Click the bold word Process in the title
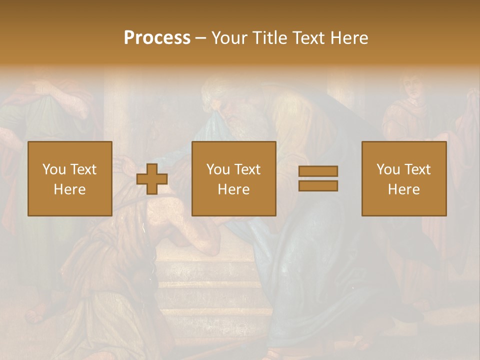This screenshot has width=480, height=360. click(157, 37)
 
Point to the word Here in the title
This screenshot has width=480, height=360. click(349, 38)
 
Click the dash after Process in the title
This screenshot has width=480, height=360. click(200, 38)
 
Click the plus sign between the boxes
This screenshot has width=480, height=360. click(152, 178)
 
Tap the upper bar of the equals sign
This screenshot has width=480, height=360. click(318, 171)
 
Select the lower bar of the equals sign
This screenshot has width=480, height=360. click(318, 185)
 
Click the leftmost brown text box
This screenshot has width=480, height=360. click(69, 178)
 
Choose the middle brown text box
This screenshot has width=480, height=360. click(233, 178)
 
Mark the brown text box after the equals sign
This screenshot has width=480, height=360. click(403, 178)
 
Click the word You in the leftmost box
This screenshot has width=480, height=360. click(54, 169)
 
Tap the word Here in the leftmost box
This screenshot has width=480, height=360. click(69, 189)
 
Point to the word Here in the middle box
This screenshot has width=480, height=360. click(233, 189)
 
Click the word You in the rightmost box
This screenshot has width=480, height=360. click(388, 169)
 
